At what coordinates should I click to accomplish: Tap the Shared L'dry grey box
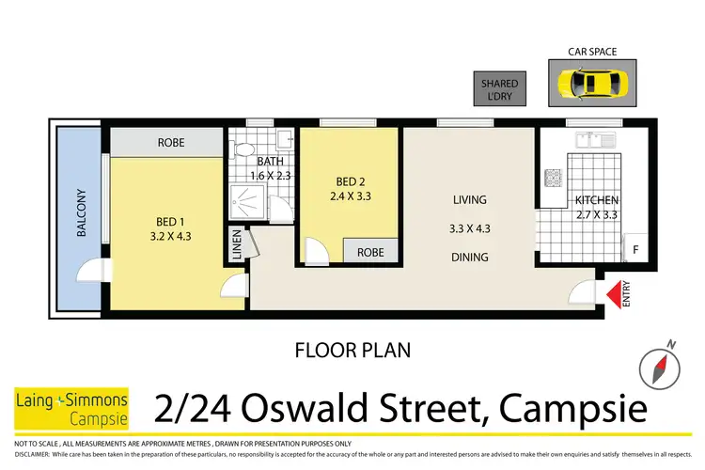499,89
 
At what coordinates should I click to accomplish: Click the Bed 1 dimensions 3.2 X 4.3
172,237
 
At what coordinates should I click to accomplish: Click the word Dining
469,258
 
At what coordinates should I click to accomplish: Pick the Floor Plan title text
352,351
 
